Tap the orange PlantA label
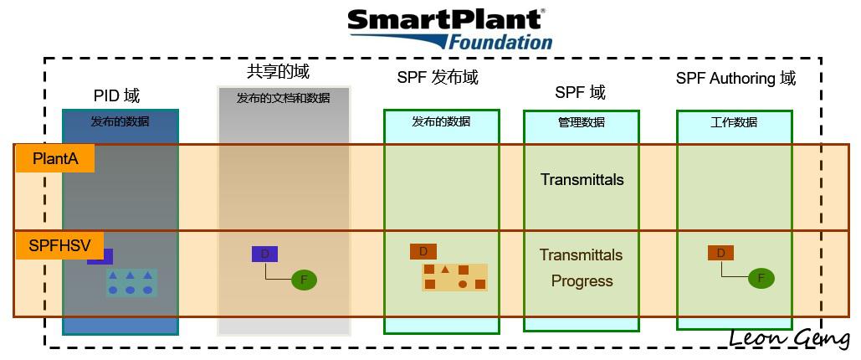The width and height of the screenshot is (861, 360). [x=55, y=159]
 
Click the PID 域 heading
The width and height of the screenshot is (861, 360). [x=116, y=96]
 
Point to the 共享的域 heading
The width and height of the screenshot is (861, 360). [x=278, y=71]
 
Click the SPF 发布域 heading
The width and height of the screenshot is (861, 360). [x=438, y=78]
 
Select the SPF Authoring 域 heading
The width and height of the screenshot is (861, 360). [x=735, y=79]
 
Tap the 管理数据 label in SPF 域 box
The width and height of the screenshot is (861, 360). [x=581, y=122]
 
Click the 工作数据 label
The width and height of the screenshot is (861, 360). [x=734, y=122]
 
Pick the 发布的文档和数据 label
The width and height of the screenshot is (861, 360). [x=284, y=99]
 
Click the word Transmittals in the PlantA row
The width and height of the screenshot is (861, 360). [x=582, y=180]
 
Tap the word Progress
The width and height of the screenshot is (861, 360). [x=582, y=280]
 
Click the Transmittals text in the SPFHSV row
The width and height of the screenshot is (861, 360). [x=581, y=255]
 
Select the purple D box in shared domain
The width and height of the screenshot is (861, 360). [x=264, y=254]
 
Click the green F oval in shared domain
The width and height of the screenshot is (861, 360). [x=305, y=280]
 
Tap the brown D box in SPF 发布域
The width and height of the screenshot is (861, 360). [x=423, y=252]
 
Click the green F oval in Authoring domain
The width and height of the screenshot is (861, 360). [x=761, y=278]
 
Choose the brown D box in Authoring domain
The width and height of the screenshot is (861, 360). [x=721, y=253]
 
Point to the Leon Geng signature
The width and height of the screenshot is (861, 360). [x=790, y=338]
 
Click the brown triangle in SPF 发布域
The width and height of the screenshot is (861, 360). [x=445, y=270]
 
